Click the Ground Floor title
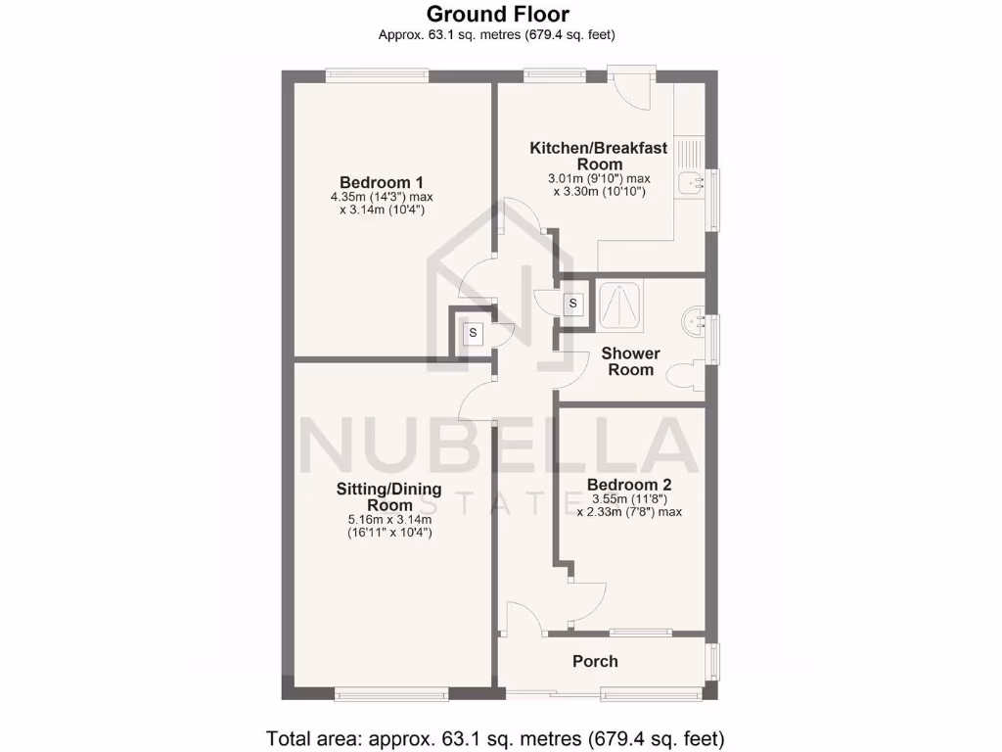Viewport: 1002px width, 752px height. [x=497, y=14]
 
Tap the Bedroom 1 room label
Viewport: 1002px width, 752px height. [x=382, y=182]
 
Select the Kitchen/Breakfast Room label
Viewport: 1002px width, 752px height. [x=599, y=156]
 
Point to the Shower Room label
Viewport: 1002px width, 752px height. [x=631, y=361]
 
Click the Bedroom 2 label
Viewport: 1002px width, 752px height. [x=629, y=485]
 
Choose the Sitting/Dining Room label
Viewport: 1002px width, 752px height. [x=389, y=496]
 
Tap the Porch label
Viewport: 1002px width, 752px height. [x=595, y=661]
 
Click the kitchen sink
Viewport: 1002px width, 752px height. [x=694, y=182]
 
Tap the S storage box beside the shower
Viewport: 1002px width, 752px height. [x=572, y=305]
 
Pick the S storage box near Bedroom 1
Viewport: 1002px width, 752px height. [x=473, y=333]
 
